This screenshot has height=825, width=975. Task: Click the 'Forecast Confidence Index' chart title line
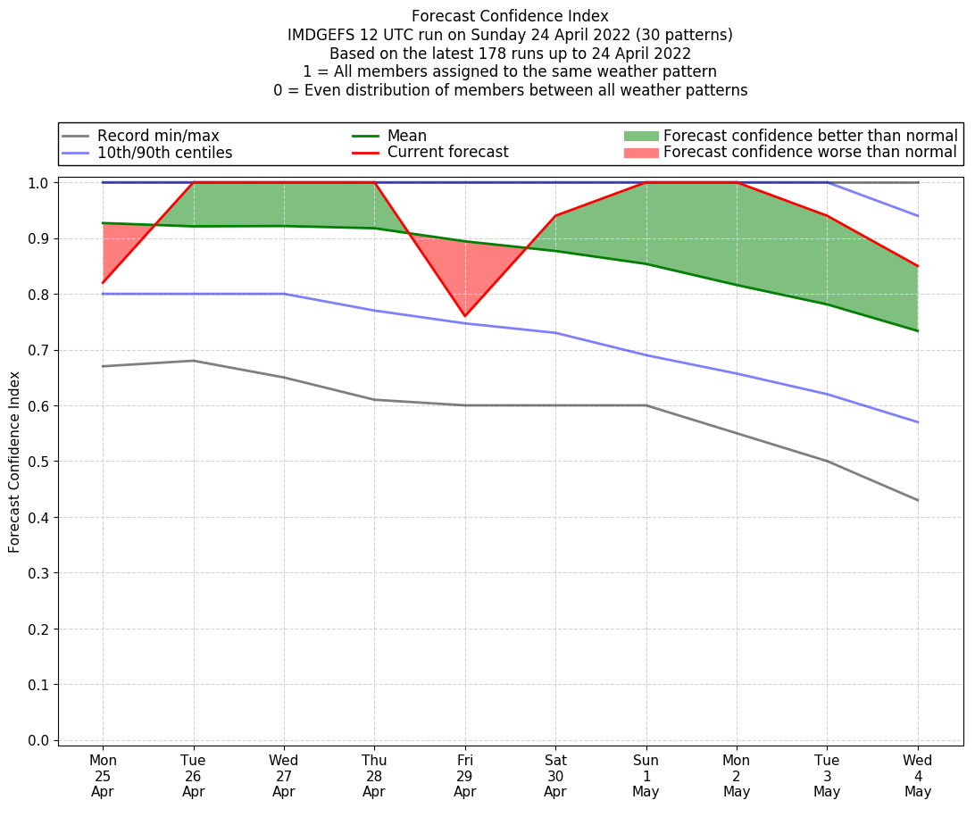510,16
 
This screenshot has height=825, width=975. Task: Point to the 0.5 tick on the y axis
41,462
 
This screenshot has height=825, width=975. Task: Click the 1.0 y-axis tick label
41,183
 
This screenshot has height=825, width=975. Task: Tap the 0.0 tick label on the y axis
41,740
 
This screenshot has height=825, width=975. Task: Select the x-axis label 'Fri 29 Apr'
464,776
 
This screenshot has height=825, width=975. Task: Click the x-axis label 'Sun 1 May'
646,776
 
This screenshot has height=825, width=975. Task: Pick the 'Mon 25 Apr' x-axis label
103,776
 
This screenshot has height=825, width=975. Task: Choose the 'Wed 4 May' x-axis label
918,776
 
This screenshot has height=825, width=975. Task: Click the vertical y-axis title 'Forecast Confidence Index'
14,462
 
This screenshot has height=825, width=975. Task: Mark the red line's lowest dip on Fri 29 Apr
464,316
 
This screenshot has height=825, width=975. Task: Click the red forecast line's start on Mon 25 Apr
103,283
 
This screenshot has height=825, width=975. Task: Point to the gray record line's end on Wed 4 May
918,500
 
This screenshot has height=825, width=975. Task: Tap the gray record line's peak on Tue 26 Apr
193,361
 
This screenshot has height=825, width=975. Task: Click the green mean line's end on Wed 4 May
918,331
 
